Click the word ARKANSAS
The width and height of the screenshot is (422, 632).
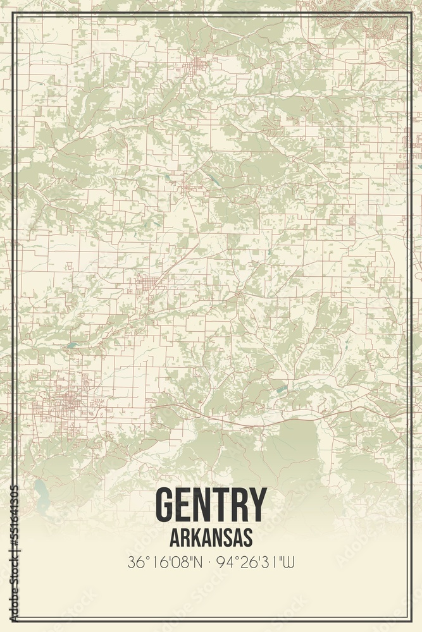pos(211,537)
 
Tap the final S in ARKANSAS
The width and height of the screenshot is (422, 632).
pos(247,537)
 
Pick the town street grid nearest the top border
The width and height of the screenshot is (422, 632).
pos(198,64)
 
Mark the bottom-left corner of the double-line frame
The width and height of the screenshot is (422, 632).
pos(13,621)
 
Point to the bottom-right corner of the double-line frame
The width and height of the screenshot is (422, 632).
pos(410,621)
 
